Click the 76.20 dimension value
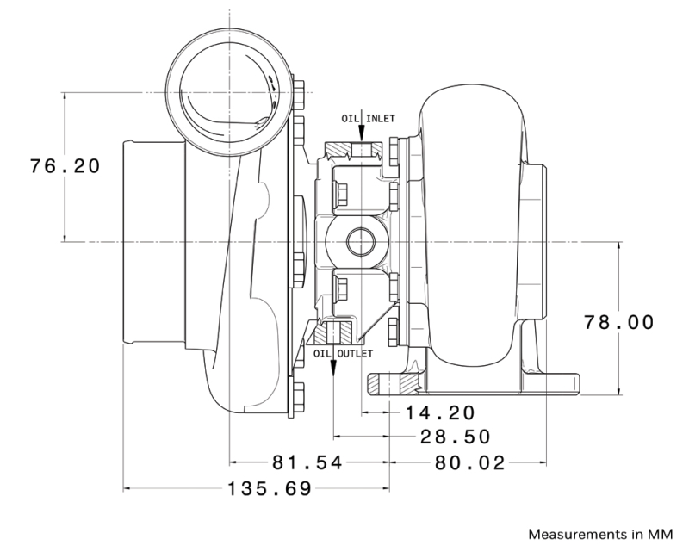65,165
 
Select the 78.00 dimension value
619,323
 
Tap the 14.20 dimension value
440,412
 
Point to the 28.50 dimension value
455,437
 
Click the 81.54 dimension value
307,463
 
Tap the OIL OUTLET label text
343,353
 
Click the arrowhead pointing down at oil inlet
362,135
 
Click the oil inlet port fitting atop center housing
362,152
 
